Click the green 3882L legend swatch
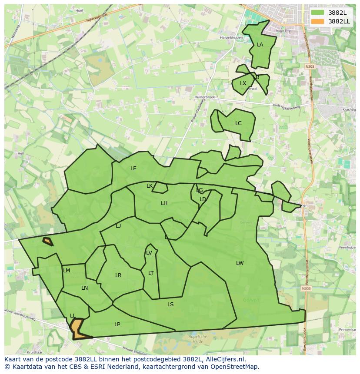point(317,13)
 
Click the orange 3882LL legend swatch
point(317,21)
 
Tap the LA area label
point(260,45)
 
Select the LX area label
point(243,83)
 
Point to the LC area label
point(238,123)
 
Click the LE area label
point(133,169)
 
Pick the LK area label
point(150,186)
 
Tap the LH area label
point(164,203)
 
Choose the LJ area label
point(118,226)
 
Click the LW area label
point(240,263)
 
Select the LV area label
point(149,253)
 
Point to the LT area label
point(151,273)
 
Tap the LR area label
point(118,275)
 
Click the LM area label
point(67,271)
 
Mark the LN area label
point(84,288)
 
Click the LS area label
point(170,304)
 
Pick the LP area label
point(117,324)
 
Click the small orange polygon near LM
point(47,241)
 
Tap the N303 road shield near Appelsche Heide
point(306,288)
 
